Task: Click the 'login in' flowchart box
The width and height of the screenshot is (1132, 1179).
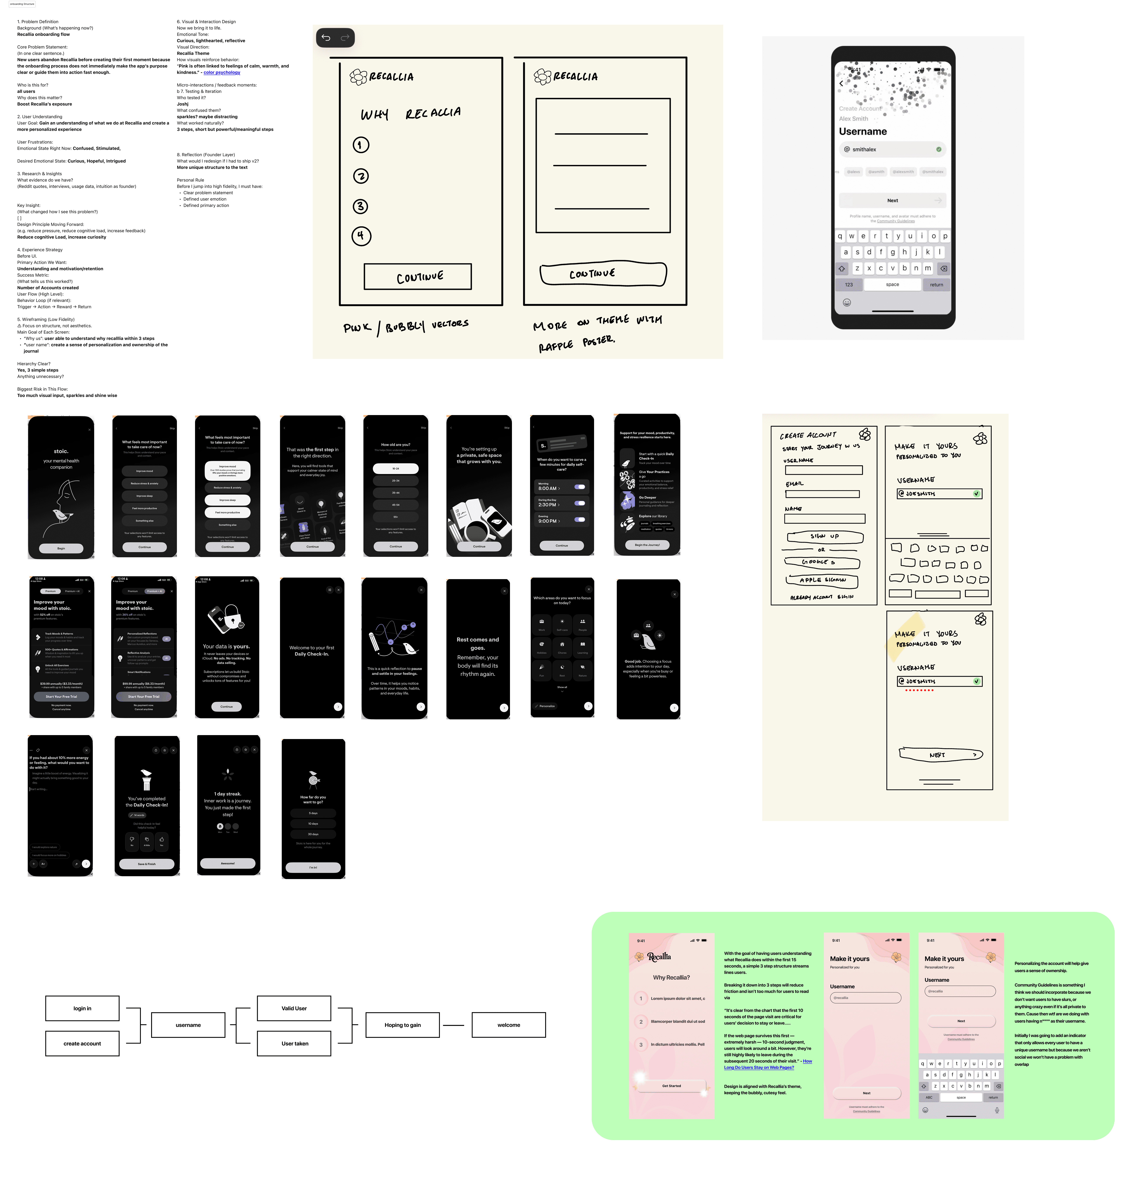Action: [82, 1008]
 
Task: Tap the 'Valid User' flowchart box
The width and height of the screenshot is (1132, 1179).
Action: [294, 1008]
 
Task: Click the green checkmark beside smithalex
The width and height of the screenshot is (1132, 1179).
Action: [938, 149]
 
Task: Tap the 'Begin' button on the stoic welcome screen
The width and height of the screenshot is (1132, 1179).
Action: [61, 548]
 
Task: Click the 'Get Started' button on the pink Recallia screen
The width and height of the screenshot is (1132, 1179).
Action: [671, 1086]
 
